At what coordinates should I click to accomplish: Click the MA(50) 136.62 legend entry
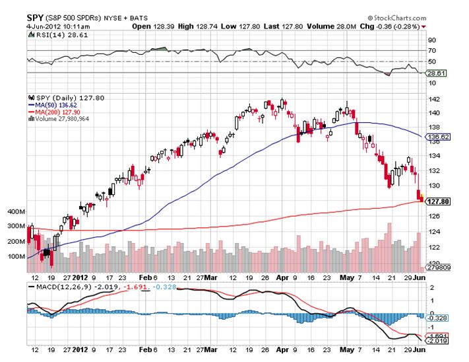pos(53,105)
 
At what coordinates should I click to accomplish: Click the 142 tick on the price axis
pos(433,98)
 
